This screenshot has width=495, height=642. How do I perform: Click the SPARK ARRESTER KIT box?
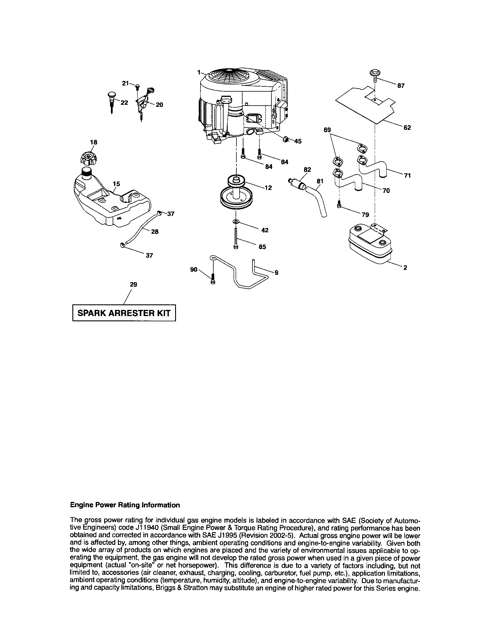[x=124, y=313]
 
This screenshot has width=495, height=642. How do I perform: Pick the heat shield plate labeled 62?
[x=366, y=104]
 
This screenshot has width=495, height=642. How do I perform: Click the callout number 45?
[x=298, y=142]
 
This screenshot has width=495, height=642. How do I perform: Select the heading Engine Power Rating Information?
[x=125, y=505]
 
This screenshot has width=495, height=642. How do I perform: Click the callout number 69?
[x=327, y=130]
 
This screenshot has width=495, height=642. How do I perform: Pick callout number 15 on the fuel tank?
[x=116, y=184]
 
